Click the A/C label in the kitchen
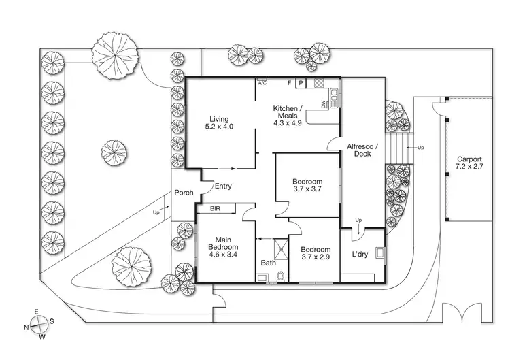coord(262,83)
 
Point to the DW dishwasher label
coord(324,104)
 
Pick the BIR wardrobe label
coord(216,208)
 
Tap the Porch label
coord(184,193)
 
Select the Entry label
coord(223,186)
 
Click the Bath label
coord(269,263)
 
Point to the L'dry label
coord(360,255)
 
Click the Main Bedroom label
coord(224,244)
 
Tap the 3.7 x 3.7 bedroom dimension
coord(307,190)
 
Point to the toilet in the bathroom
coord(281,276)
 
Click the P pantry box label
coord(301,84)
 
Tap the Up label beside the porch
coord(157,212)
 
